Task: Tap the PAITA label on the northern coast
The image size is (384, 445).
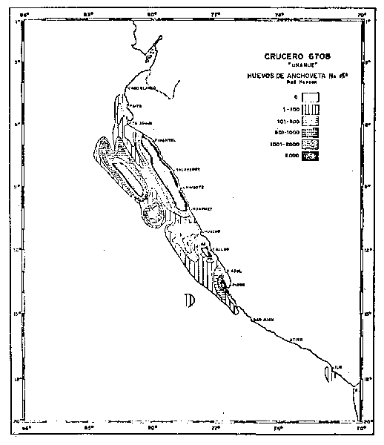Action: point(134,105)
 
